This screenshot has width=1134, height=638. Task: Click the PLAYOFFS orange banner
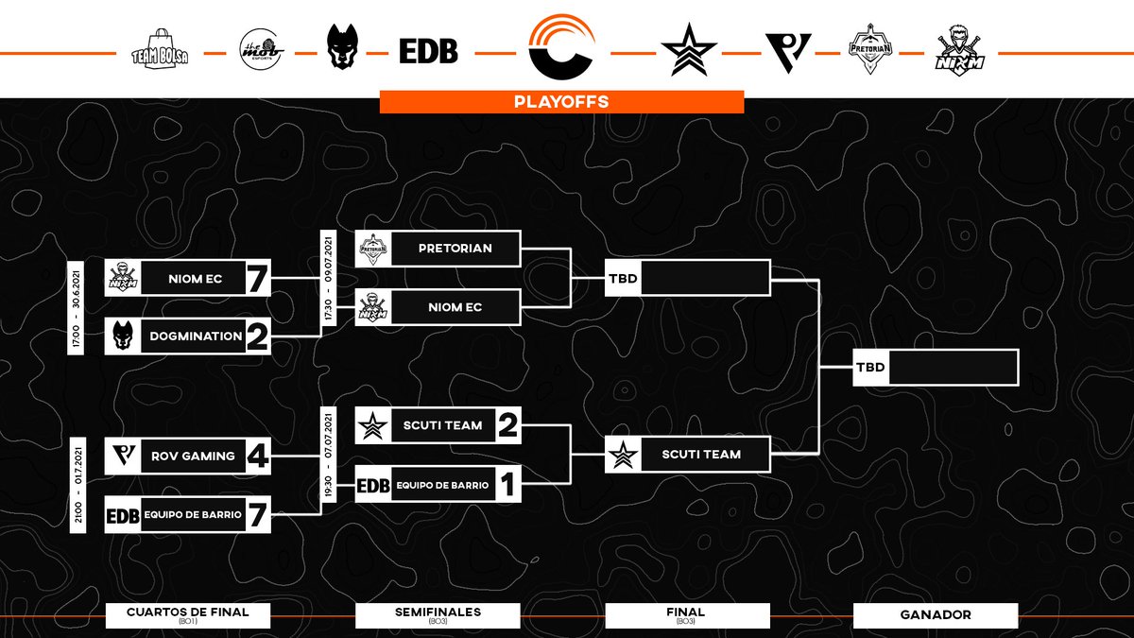(x=561, y=101)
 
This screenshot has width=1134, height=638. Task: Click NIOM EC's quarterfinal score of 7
(x=256, y=279)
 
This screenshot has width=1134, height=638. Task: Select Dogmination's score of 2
(x=256, y=336)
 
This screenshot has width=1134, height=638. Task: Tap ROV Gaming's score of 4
(x=256, y=456)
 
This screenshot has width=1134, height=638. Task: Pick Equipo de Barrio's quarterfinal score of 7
(x=256, y=515)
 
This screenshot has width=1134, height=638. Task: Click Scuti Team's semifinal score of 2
(x=507, y=426)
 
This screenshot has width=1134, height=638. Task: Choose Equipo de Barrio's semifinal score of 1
(x=507, y=486)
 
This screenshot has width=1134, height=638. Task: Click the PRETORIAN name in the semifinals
(x=455, y=249)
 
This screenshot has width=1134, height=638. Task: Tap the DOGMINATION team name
(x=192, y=336)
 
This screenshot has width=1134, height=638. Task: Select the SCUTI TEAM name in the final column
(x=701, y=455)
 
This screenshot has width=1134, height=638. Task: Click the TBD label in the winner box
(x=870, y=367)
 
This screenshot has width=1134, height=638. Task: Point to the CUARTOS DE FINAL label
(x=187, y=613)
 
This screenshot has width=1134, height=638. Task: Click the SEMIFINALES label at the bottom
(x=437, y=613)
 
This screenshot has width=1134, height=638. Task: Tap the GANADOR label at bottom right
(x=935, y=615)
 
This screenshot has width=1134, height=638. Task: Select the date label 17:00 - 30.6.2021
(x=76, y=307)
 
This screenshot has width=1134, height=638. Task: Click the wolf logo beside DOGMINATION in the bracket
(x=122, y=336)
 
